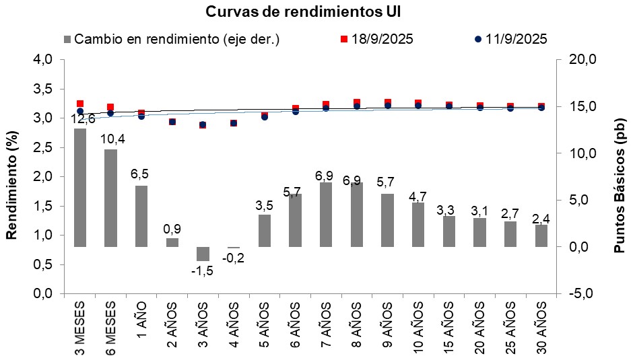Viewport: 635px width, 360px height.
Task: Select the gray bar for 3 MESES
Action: [x=80, y=188]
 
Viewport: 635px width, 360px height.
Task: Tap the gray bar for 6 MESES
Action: [x=110, y=198]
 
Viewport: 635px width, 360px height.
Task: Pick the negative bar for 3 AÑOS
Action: [x=203, y=254]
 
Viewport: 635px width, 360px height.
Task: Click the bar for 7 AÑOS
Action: [x=326, y=215]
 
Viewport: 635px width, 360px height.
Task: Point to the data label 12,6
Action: [x=83, y=120]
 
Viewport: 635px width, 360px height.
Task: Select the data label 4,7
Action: [x=418, y=196]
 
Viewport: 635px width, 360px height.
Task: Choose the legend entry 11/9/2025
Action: [x=511, y=39]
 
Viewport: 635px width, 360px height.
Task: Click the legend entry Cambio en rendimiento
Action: [x=171, y=39]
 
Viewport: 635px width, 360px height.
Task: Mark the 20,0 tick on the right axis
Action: [x=582, y=60]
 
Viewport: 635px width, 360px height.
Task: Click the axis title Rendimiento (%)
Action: [x=11, y=177]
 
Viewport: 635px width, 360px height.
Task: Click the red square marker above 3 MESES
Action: [x=80, y=104]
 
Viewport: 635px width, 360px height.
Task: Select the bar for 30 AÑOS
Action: [x=541, y=236]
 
